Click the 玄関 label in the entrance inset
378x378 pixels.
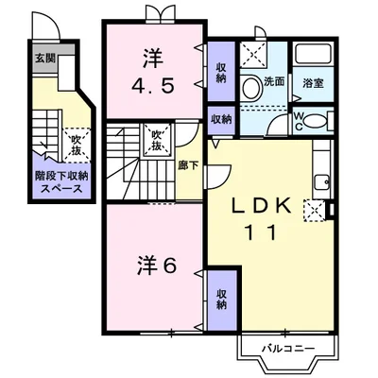click(44, 60)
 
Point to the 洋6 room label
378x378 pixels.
click(153, 266)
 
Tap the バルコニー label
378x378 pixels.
click(283, 350)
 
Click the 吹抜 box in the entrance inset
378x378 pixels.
click(75, 145)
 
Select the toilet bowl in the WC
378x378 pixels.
click(320, 120)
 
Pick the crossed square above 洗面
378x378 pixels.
click(252, 54)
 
